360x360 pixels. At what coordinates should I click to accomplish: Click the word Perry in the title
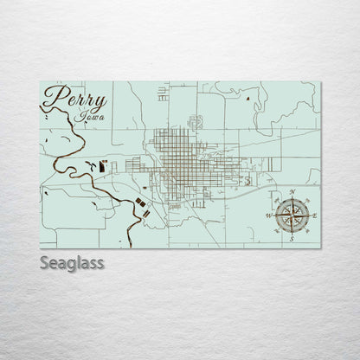74,100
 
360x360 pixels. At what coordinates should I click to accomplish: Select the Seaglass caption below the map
72,261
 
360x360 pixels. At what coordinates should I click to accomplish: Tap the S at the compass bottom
292,238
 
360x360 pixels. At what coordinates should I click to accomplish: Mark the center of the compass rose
292,214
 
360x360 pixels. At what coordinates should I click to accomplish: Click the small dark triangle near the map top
247,99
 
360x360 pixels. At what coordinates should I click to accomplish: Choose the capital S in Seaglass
44,261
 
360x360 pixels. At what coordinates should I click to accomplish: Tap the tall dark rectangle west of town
103,164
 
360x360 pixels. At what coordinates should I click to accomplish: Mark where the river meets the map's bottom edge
127,247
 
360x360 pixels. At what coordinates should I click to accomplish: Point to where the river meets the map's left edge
41,109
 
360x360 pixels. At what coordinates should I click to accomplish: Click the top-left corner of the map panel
40,82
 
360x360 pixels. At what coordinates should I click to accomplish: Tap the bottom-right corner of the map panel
320,248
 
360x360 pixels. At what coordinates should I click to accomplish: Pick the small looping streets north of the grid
196,120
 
